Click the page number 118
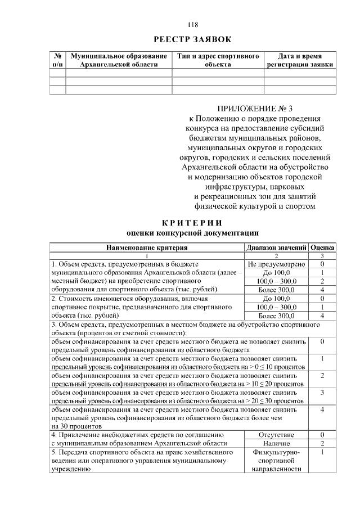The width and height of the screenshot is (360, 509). coord(192,25)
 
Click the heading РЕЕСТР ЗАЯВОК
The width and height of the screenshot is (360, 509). coord(192,39)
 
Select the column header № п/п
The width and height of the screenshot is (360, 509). coord(57,61)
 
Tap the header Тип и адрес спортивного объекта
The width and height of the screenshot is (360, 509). coord(218,61)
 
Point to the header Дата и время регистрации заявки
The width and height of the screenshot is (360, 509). coord(300,61)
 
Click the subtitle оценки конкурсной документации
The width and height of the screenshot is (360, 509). coord(192,233)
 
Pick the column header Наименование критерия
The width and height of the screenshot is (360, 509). coord(146,247)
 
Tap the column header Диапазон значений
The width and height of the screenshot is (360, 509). coord(276,247)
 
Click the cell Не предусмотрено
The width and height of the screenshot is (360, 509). coord(276,264)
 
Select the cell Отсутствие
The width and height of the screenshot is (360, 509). coord(276,435)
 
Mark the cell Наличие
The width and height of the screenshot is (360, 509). coord(276,444)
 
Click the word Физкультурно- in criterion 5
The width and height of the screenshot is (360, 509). coord(276,452)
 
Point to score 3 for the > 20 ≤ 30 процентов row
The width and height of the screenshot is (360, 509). coord(322,392)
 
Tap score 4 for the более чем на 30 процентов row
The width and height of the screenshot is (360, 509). coord(322,409)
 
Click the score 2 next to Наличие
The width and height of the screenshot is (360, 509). coord(322,444)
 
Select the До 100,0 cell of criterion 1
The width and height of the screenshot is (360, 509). coord(276,272)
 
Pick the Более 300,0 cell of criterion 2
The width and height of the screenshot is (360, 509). coord(276,316)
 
